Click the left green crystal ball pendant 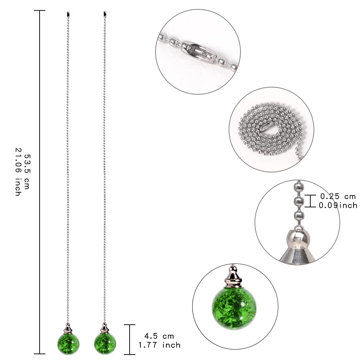point(68,344)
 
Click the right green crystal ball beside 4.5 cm point(105,344)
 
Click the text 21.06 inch point(17,172)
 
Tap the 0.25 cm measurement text point(338,197)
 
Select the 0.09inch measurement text point(338,206)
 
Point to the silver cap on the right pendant point(105,328)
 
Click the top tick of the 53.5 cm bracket point(40,11)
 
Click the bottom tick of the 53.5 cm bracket point(40,354)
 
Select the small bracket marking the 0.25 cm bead point(310,201)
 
